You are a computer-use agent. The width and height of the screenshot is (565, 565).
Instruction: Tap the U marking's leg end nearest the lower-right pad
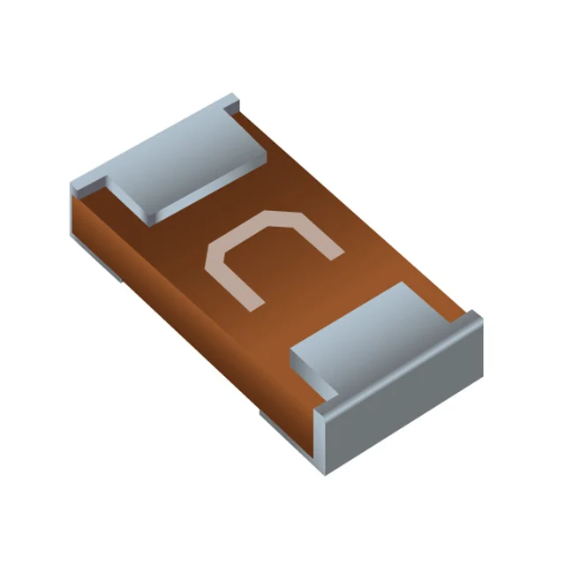(336, 255)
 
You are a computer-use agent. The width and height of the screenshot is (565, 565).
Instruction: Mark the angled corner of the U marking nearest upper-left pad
(215, 255)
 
